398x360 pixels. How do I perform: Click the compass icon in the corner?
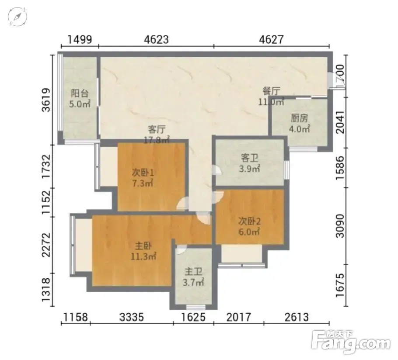pyautogui.click(x=17, y=17)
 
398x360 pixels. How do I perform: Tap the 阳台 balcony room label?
pyautogui.click(x=80, y=93)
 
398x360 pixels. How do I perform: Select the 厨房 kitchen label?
pyautogui.click(x=299, y=118)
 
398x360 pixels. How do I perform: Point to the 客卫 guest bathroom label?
pyautogui.click(x=249, y=158)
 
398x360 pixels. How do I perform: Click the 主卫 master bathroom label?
pyautogui.click(x=193, y=272)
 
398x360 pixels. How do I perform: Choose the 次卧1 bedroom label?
pyautogui.click(x=143, y=173)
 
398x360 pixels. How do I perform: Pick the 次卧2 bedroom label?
pyautogui.click(x=249, y=222)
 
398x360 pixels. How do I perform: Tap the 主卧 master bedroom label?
pyautogui.click(x=143, y=246)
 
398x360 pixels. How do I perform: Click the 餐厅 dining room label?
pyautogui.click(x=271, y=91)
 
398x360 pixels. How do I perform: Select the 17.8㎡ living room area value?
pyautogui.click(x=157, y=140)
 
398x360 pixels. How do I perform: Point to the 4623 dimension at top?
pyautogui.click(x=157, y=40)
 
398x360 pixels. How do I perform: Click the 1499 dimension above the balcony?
pyautogui.click(x=80, y=40)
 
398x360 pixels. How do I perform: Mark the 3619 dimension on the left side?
pyautogui.click(x=46, y=100)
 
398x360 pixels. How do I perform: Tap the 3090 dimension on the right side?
pyautogui.click(x=340, y=226)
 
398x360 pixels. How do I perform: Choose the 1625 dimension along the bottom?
pyautogui.click(x=193, y=317)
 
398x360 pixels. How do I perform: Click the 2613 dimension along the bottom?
pyautogui.click(x=297, y=317)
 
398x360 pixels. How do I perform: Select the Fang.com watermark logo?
pyautogui.click(x=350, y=342)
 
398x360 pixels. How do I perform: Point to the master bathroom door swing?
pyautogui.click(x=182, y=249)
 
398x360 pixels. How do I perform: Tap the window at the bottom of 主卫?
pyautogui.click(x=196, y=307)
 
